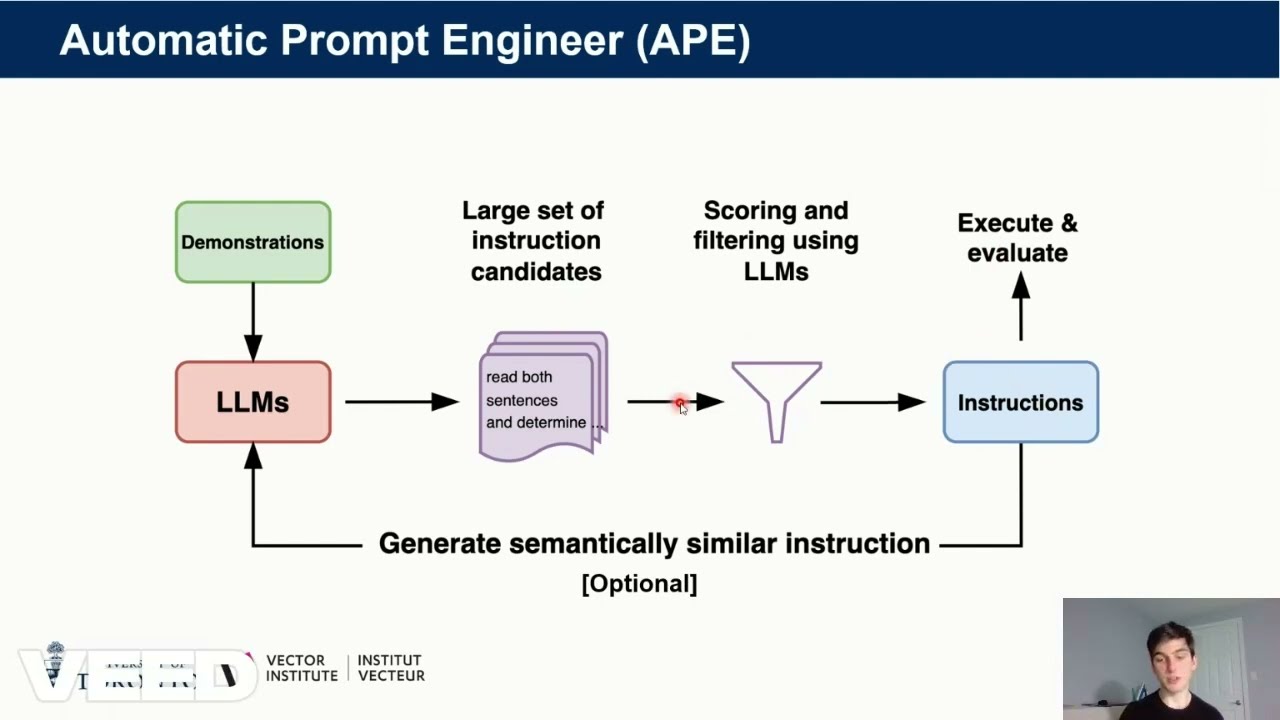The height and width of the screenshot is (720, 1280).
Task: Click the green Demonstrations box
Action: point(253,242)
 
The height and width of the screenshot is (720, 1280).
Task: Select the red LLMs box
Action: point(253,402)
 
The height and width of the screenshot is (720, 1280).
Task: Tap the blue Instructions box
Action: point(1020,402)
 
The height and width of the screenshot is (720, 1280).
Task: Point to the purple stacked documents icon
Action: point(543,397)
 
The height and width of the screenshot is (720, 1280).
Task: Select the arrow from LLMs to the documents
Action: point(400,402)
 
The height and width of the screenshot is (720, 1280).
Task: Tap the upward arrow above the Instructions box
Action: point(1020,306)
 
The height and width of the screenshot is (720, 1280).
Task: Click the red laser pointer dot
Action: point(680,403)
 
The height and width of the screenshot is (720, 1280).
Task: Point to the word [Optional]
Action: point(639,583)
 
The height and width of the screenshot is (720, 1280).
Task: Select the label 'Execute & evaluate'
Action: point(1017,238)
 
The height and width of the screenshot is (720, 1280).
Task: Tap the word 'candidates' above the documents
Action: point(536,271)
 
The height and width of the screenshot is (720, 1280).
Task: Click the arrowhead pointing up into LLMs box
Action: point(253,456)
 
